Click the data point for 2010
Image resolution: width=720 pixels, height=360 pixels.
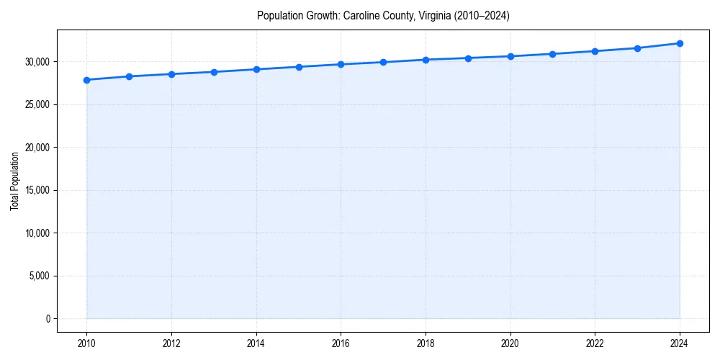86,80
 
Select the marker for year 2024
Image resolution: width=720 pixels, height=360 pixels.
680,43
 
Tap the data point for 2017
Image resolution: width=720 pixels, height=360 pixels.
383,62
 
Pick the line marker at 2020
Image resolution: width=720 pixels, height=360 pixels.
510,56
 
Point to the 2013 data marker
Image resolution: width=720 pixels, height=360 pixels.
214,72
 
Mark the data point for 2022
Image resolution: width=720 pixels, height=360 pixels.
595,51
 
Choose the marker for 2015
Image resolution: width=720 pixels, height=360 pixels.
299,67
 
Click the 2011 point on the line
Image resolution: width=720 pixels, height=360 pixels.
129,76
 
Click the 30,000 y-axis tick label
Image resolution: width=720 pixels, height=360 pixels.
37,62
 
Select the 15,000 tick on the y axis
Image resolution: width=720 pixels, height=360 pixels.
37,190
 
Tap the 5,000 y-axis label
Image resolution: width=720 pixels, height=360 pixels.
39,276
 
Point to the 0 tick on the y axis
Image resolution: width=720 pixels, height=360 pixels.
48,318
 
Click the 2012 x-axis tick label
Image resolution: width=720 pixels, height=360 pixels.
171,343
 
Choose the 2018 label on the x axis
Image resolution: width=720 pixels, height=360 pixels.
426,343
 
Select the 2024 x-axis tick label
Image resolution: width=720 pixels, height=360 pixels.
680,343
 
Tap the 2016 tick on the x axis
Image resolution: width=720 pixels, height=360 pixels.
341,343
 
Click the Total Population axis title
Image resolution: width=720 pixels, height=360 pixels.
14,181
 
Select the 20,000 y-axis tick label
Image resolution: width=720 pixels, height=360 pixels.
37,148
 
